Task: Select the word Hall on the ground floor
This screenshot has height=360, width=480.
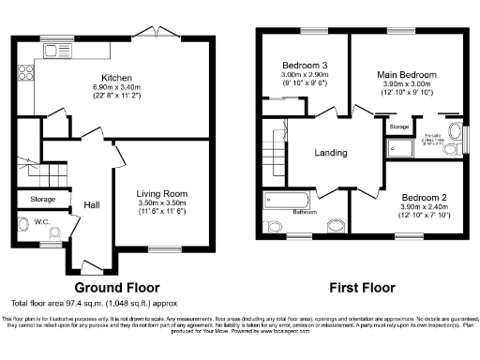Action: [x=92, y=203]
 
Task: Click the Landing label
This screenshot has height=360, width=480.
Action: [x=331, y=153]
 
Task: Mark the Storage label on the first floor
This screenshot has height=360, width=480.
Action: [x=399, y=126]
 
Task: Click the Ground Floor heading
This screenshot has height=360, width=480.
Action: [x=116, y=287]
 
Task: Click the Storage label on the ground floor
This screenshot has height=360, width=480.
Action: [x=43, y=199]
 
